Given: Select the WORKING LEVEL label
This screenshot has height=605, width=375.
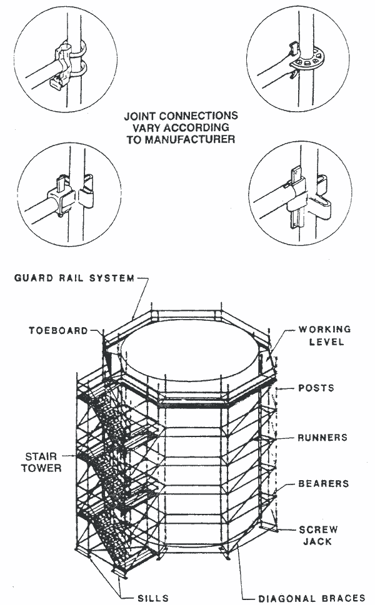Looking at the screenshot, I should point(324,335).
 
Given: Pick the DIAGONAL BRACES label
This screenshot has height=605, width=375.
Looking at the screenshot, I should point(310,597).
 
